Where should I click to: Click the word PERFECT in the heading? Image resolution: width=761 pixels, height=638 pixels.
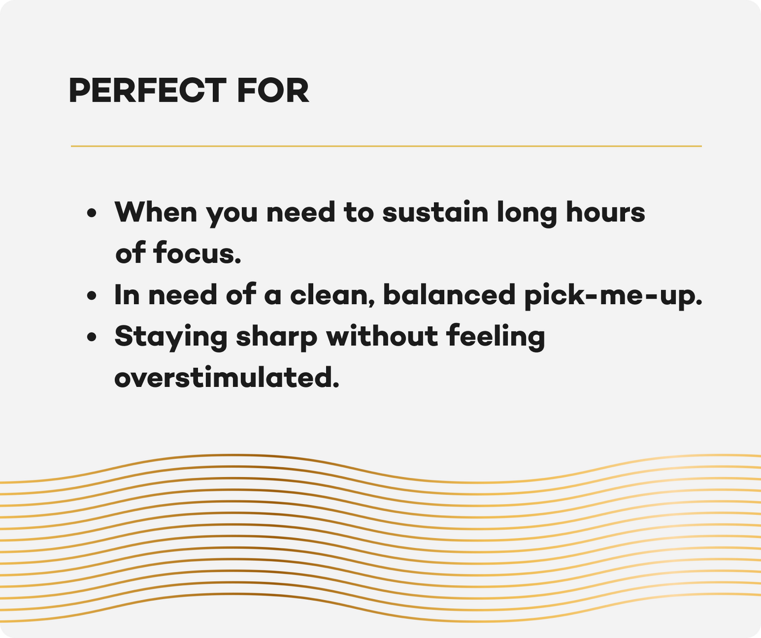(147, 91)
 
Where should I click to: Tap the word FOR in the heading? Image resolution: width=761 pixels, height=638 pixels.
(273, 91)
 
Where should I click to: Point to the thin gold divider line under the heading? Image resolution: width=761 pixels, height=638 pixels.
(387, 146)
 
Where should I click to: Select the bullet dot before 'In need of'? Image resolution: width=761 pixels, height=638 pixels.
(92, 295)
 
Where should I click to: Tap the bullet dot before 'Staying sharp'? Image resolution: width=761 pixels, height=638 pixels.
(92, 337)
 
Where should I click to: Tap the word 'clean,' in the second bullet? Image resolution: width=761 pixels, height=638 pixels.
(332, 295)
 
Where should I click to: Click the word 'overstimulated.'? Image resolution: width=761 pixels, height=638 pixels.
(226, 377)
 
